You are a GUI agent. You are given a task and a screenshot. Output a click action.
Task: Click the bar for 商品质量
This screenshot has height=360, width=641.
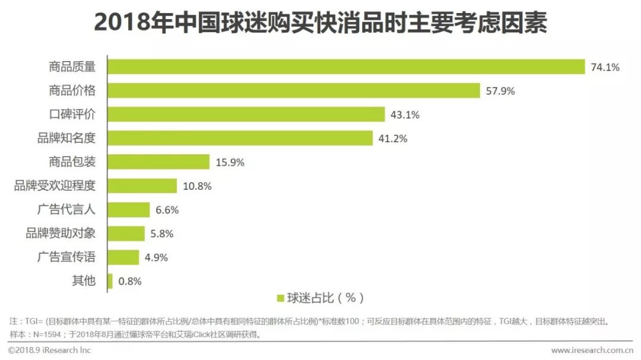346,67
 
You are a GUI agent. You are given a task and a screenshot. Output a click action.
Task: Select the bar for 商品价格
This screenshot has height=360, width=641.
294,91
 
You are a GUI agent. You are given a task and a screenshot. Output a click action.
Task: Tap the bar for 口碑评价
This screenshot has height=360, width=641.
246,114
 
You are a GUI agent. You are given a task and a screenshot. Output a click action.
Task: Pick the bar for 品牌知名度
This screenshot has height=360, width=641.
240,138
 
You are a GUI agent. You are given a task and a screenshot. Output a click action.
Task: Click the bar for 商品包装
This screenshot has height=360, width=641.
158,162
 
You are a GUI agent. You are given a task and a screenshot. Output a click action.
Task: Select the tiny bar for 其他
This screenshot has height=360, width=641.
110,281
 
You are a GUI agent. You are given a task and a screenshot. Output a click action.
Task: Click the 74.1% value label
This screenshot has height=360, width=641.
605,68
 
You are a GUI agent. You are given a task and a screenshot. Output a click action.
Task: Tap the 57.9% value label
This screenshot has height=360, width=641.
500,91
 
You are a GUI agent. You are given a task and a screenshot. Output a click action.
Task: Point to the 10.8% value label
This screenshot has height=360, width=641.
197,186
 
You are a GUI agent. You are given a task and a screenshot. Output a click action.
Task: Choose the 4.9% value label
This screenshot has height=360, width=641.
156,257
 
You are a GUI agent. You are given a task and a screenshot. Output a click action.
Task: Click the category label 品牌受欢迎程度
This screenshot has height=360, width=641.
55,186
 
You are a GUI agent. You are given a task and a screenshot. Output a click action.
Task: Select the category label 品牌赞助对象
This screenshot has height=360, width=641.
61,233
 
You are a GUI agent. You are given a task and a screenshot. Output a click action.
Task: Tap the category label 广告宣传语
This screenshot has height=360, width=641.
66,257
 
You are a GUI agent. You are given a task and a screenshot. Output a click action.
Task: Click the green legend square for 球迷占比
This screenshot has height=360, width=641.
280,298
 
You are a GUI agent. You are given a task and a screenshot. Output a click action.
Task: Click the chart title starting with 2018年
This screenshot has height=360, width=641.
320,24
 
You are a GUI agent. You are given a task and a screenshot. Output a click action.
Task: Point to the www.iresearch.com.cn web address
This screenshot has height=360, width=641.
591,351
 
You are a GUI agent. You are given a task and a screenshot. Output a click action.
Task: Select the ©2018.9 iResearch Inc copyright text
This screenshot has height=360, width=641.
49,351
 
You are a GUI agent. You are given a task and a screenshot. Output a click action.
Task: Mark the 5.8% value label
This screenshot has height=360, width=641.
162,234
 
